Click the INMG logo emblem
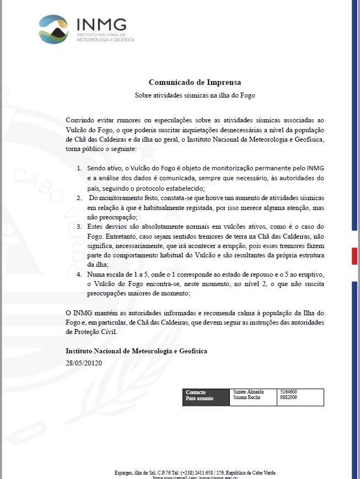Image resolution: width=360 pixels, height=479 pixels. (x=55, y=29)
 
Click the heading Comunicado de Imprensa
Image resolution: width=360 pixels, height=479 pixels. (x=195, y=83)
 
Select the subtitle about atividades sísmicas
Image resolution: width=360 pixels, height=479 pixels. (x=195, y=95)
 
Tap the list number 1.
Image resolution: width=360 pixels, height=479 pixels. (x=79, y=167)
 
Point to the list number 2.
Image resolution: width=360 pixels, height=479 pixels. (x=79, y=197)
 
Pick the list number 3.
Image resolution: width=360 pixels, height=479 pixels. (x=79, y=227)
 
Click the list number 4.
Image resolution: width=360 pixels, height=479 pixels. (x=79, y=273)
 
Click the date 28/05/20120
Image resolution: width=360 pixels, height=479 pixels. (x=84, y=363)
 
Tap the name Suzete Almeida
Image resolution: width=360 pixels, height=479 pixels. (x=248, y=392)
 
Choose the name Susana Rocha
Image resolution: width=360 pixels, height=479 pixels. (x=247, y=397)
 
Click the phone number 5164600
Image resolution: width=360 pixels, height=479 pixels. (x=289, y=392)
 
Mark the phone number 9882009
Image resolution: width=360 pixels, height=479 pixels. (x=289, y=397)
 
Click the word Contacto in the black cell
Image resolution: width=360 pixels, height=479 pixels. (x=196, y=392)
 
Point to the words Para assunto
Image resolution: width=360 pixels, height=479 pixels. (x=200, y=398)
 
